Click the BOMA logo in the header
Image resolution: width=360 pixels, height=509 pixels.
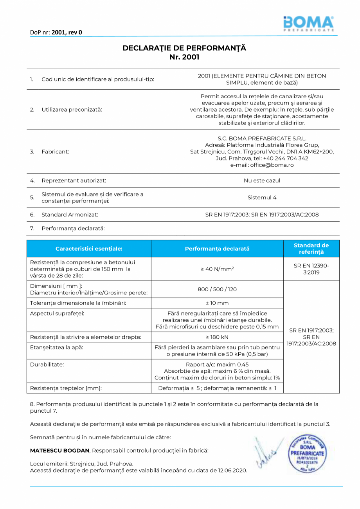308,23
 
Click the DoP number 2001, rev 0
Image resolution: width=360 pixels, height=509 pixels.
67,32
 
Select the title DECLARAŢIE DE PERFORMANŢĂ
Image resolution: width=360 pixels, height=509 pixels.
184,48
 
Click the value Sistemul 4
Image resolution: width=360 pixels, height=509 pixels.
262,198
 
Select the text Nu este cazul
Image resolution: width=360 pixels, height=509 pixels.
262,180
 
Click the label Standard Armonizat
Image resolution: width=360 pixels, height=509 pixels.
70,215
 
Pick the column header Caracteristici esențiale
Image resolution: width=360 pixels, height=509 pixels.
89,249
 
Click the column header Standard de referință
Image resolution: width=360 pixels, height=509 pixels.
311,249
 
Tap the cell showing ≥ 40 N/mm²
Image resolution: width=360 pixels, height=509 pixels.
217,269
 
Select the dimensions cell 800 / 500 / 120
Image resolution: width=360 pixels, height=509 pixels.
217,289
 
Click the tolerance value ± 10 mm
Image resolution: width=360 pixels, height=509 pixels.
217,303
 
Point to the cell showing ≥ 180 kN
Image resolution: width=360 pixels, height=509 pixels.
217,337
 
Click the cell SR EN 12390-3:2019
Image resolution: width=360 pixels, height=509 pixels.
311,269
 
